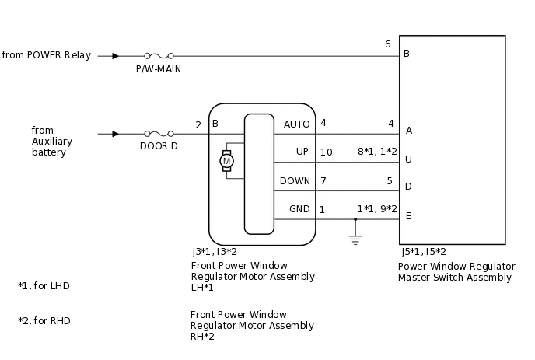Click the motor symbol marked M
click(x=227, y=161)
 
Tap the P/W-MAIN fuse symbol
click(x=158, y=56)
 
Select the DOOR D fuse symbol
click(x=158, y=134)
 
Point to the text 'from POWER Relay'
click(x=47, y=55)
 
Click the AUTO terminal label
click(x=297, y=124)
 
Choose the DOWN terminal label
click(x=295, y=181)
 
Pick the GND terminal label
click(x=299, y=209)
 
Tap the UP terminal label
click(x=302, y=152)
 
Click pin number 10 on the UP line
click(x=326, y=152)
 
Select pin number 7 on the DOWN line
click(x=323, y=181)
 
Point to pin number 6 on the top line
click(x=387, y=44)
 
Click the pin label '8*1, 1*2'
click(x=377, y=152)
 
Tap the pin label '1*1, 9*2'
click(x=377, y=209)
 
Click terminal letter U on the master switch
click(x=408, y=159)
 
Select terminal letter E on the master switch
click(x=408, y=216)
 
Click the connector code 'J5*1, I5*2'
click(x=424, y=252)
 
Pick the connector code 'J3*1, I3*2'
click(x=215, y=252)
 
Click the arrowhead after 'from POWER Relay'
click(x=115, y=56)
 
